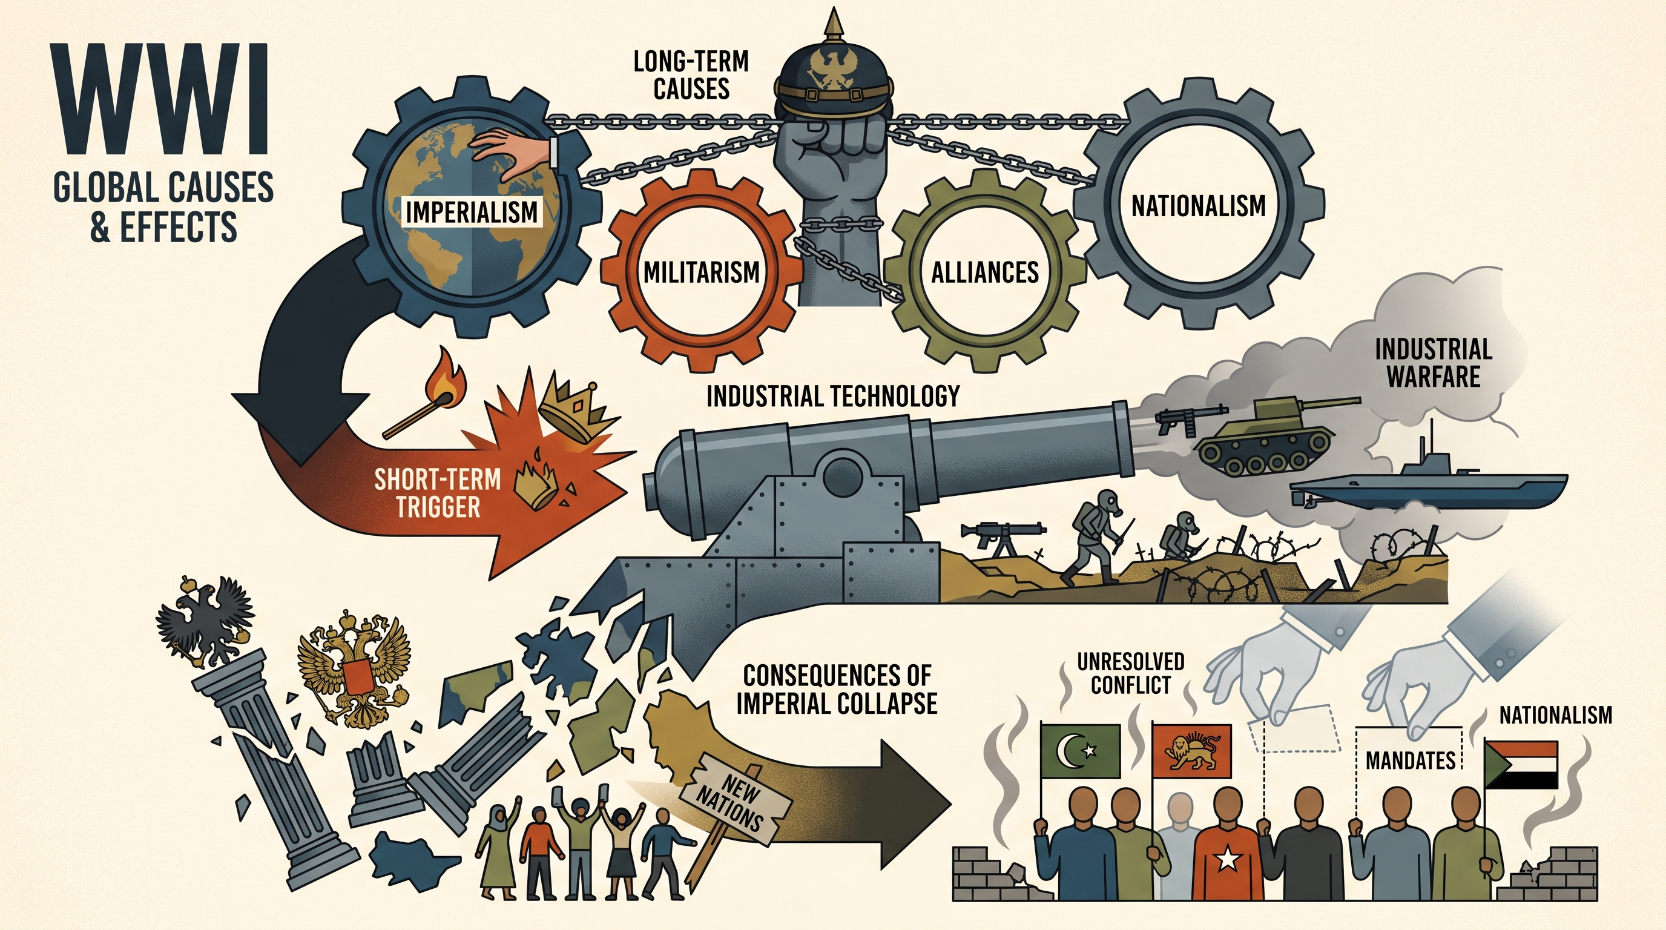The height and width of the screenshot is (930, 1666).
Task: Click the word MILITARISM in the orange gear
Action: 702,272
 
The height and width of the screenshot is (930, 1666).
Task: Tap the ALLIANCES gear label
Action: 985,272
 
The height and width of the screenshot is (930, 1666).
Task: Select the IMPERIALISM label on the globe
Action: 472,212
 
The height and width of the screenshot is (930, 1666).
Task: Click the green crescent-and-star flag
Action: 1080,751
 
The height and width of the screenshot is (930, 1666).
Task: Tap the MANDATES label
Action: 1410,760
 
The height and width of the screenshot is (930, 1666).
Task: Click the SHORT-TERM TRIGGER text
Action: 438,493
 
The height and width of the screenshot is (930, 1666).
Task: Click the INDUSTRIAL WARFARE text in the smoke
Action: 1433,363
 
